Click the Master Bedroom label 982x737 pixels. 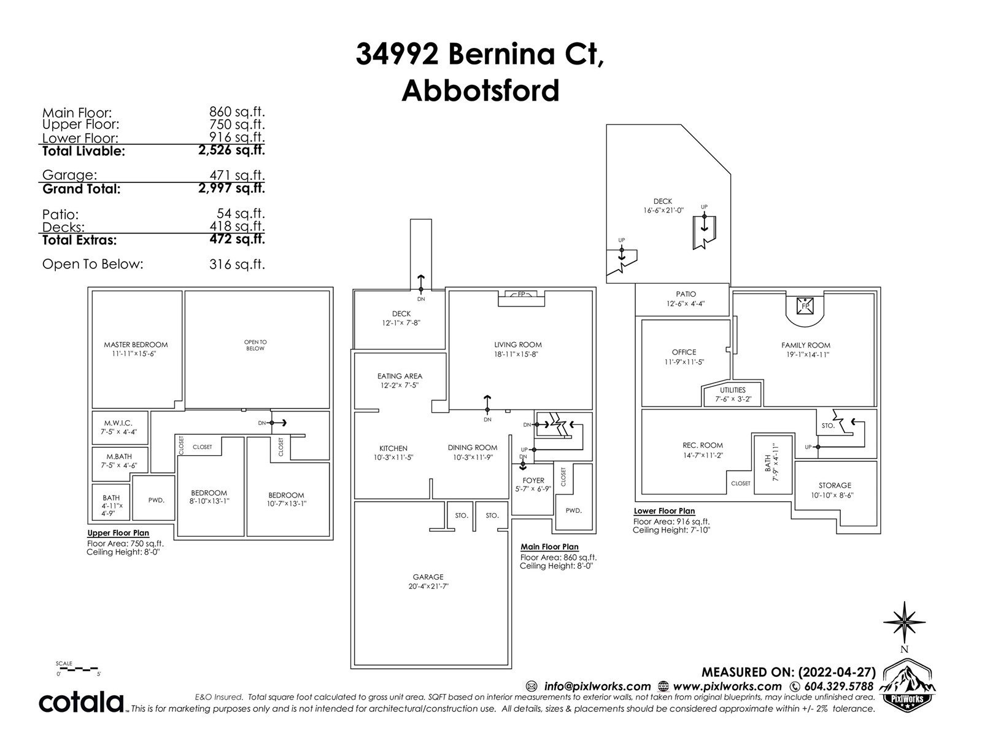click(x=136, y=345)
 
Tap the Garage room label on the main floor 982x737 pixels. click(x=428, y=577)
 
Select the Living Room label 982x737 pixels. click(x=518, y=345)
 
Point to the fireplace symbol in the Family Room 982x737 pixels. click(x=805, y=305)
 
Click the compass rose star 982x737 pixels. click(x=904, y=623)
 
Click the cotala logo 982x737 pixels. click(x=82, y=702)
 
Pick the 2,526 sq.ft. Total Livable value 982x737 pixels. click(x=231, y=150)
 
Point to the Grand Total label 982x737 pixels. click(x=82, y=189)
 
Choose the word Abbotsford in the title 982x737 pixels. click(x=481, y=91)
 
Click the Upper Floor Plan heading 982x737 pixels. click(x=118, y=533)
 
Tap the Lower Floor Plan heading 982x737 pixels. click(x=664, y=511)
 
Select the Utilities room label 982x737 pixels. click(x=733, y=390)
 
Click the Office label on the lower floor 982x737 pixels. click(x=684, y=353)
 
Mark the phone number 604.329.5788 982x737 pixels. click(x=839, y=687)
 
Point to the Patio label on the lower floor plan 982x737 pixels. click(x=686, y=294)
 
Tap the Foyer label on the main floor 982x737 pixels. click(x=533, y=481)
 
